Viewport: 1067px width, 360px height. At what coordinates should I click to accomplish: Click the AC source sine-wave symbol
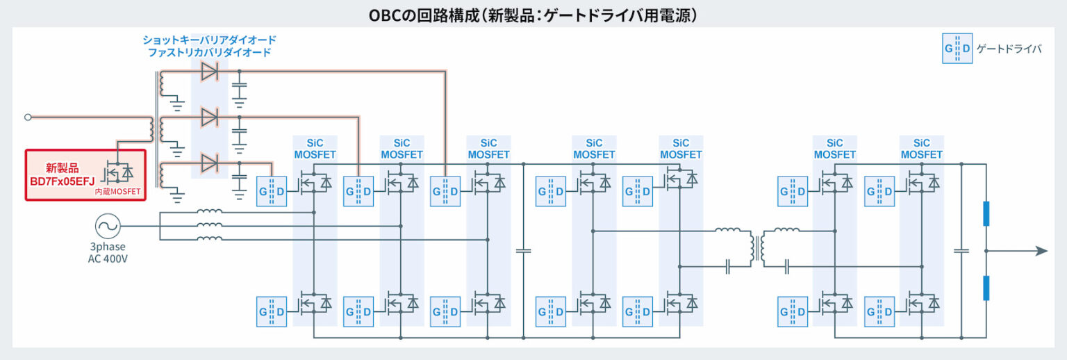[108, 226]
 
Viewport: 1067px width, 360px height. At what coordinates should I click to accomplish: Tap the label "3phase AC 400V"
[108, 253]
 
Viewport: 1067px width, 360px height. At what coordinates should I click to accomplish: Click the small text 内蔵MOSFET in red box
[118, 191]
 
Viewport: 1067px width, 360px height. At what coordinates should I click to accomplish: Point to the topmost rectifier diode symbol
[209, 71]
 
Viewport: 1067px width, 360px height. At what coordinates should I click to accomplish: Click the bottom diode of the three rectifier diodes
[209, 164]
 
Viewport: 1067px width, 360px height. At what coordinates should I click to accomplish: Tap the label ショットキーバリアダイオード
[209, 40]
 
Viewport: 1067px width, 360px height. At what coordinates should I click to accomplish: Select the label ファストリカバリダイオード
[209, 53]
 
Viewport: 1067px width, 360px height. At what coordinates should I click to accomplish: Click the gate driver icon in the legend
[957, 49]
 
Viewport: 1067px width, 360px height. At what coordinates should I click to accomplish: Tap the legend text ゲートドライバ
[1009, 49]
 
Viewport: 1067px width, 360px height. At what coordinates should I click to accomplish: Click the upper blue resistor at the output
[986, 213]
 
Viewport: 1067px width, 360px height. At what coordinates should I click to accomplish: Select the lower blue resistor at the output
[986, 288]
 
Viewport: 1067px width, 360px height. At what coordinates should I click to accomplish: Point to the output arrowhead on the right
[1041, 251]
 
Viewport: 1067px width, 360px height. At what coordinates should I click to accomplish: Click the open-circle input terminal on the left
[28, 117]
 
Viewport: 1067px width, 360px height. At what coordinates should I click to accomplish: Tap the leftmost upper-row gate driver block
[272, 191]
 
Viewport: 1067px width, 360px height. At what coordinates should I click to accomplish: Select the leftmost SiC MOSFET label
[315, 149]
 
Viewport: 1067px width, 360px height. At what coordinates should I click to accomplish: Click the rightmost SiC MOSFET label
[921, 149]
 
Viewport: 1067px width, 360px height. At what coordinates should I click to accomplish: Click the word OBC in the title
[386, 15]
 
